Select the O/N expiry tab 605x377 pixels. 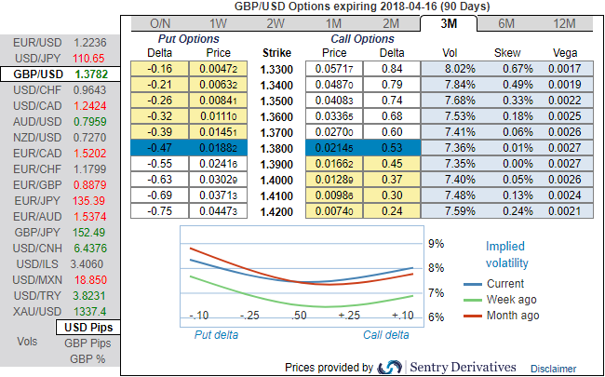(x=160, y=23)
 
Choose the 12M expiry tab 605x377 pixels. (x=565, y=23)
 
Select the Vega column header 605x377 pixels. (x=565, y=53)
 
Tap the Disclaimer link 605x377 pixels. (x=554, y=369)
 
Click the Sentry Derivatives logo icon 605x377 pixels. (x=391, y=367)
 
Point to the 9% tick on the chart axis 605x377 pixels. (x=436, y=244)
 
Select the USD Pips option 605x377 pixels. (x=89, y=328)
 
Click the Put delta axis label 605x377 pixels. (x=216, y=334)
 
